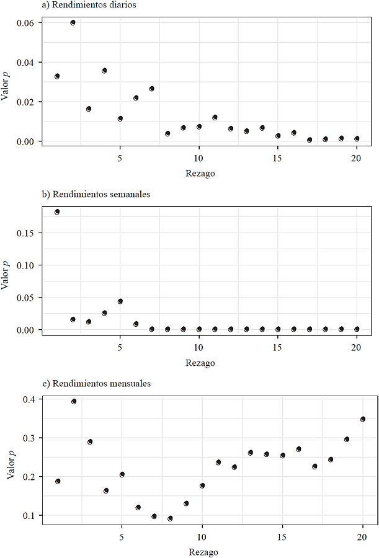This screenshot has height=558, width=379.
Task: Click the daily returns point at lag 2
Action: pos(73,22)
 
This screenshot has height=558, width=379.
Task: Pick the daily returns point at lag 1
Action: pos(57,76)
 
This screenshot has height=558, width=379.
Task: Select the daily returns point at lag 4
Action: pos(104,71)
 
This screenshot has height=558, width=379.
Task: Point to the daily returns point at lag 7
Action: pos(151,89)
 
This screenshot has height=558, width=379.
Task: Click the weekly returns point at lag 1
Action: pos(57,211)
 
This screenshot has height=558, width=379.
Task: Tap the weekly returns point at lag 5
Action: pos(120,301)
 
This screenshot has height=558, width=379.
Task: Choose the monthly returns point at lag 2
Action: pos(74,401)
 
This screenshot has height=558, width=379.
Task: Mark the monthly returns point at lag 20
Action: pos(363,419)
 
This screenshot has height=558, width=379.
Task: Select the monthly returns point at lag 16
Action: pos(298,449)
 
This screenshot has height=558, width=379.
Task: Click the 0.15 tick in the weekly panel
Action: pos(29,233)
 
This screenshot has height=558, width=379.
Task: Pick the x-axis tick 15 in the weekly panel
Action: pos(277,344)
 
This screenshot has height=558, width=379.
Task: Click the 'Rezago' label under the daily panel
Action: pos(200,174)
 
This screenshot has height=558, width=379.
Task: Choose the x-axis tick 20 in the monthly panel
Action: pos(363,534)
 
